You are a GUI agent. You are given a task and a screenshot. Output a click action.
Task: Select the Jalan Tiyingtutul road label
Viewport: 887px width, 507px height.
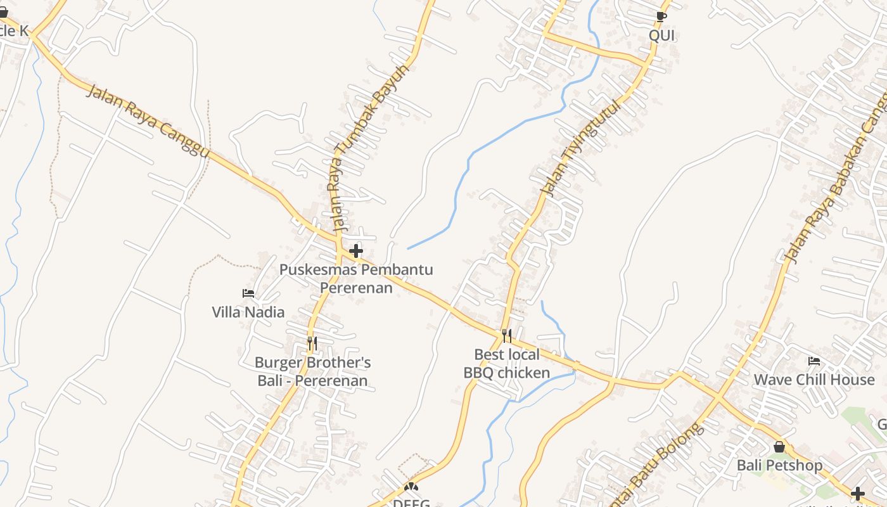point(578,147)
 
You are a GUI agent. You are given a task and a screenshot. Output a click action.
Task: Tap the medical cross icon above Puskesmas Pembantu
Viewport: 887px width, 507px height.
point(356,251)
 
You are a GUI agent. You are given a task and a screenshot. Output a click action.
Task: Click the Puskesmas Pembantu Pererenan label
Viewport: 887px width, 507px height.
point(356,278)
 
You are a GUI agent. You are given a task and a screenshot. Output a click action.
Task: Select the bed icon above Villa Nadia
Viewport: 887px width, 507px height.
point(248,293)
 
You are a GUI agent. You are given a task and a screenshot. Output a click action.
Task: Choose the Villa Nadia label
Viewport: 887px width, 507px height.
point(248,312)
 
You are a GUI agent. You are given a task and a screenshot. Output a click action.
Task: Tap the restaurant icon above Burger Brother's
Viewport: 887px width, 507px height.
point(312,343)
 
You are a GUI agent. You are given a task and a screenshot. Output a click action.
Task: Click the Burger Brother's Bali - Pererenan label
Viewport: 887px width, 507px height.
point(312,371)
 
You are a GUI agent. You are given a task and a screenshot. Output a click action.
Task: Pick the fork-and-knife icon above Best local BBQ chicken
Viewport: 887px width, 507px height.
point(506,336)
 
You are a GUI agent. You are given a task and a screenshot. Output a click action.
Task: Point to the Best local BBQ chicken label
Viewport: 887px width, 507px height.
point(507,363)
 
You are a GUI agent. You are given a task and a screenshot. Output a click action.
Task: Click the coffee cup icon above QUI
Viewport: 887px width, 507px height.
point(661,16)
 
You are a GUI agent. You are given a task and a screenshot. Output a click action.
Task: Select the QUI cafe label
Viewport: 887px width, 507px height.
point(661,35)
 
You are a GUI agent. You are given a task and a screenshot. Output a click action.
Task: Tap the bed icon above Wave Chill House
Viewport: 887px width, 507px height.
point(814,361)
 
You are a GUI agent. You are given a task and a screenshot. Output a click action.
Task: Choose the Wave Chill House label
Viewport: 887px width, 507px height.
point(814,380)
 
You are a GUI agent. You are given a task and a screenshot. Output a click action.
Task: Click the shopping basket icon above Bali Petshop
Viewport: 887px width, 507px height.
point(779,447)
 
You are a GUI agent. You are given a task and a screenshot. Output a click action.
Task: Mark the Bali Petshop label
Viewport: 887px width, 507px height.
point(779,465)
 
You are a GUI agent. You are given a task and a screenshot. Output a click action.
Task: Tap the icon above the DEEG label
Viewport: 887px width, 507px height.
point(411,487)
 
